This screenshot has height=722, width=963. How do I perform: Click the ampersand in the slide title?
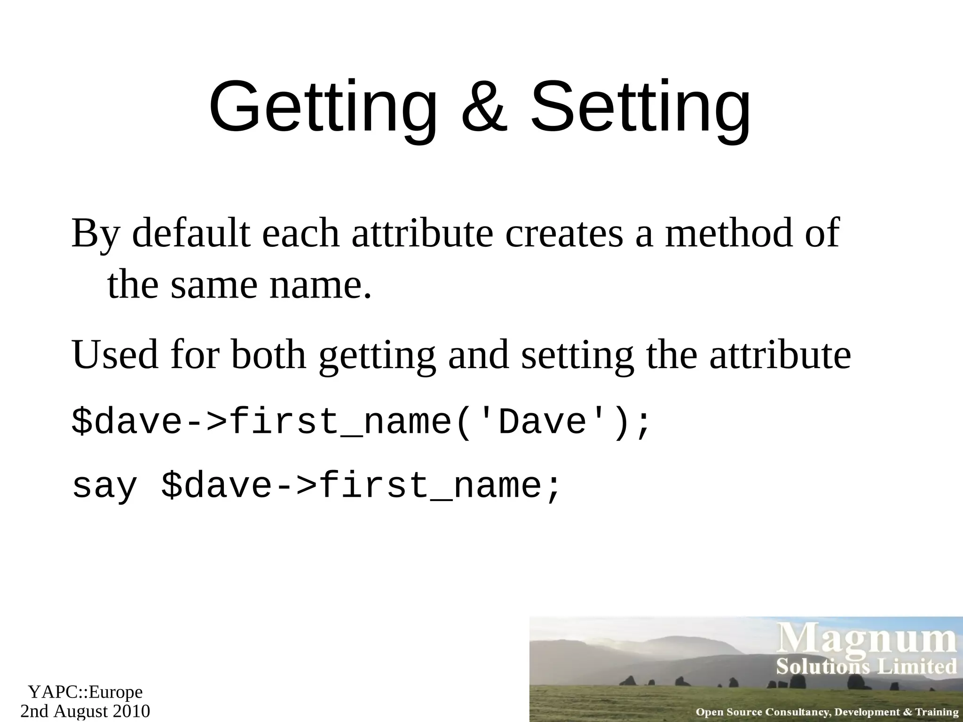coord(484,107)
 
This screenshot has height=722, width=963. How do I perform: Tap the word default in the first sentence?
coord(191,233)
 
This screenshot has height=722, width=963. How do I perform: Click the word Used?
coord(115,354)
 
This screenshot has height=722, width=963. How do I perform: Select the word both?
coord(268,354)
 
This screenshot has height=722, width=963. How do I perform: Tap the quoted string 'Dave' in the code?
coord(543,422)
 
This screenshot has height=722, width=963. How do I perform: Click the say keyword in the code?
coord(104,487)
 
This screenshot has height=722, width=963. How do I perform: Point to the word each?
coord(300,233)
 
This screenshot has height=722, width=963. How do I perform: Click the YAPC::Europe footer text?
coord(85,691)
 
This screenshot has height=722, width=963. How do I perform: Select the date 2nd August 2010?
coord(85,711)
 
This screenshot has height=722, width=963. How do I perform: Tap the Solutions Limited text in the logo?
coord(866,667)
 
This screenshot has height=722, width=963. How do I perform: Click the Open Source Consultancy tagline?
coord(827,712)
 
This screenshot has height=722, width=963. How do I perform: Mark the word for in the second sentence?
coord(195,354)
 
